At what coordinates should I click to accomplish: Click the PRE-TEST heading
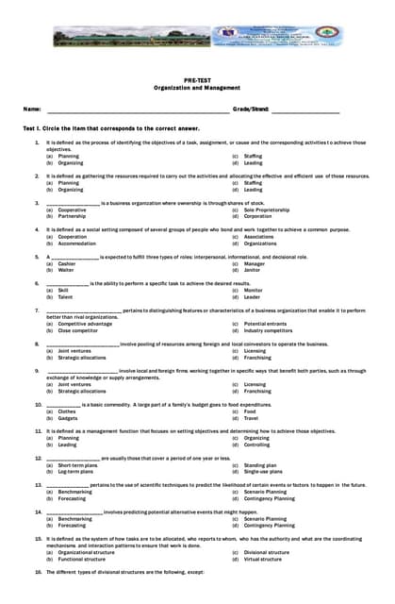197,79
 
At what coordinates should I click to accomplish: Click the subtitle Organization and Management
197,87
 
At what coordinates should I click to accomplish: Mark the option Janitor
253,270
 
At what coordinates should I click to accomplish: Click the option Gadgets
67,417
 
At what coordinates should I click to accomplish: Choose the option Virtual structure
263,559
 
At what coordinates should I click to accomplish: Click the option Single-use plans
263,471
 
